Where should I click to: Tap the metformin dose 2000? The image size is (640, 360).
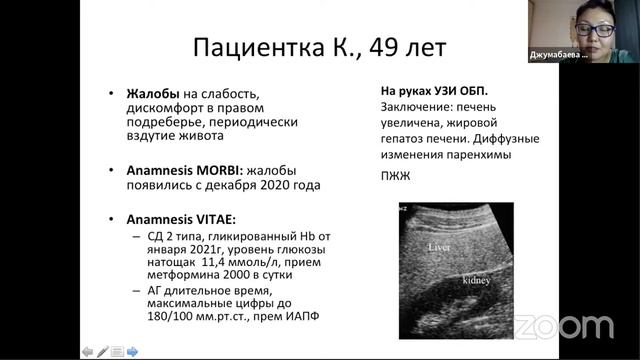point(233,279)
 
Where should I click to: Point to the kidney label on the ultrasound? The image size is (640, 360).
point(474,282)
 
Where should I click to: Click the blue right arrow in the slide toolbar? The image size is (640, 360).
point(133,351)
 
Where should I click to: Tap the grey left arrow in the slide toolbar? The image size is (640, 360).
point(87,351)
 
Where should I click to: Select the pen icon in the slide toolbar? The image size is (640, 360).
point(102,351)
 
